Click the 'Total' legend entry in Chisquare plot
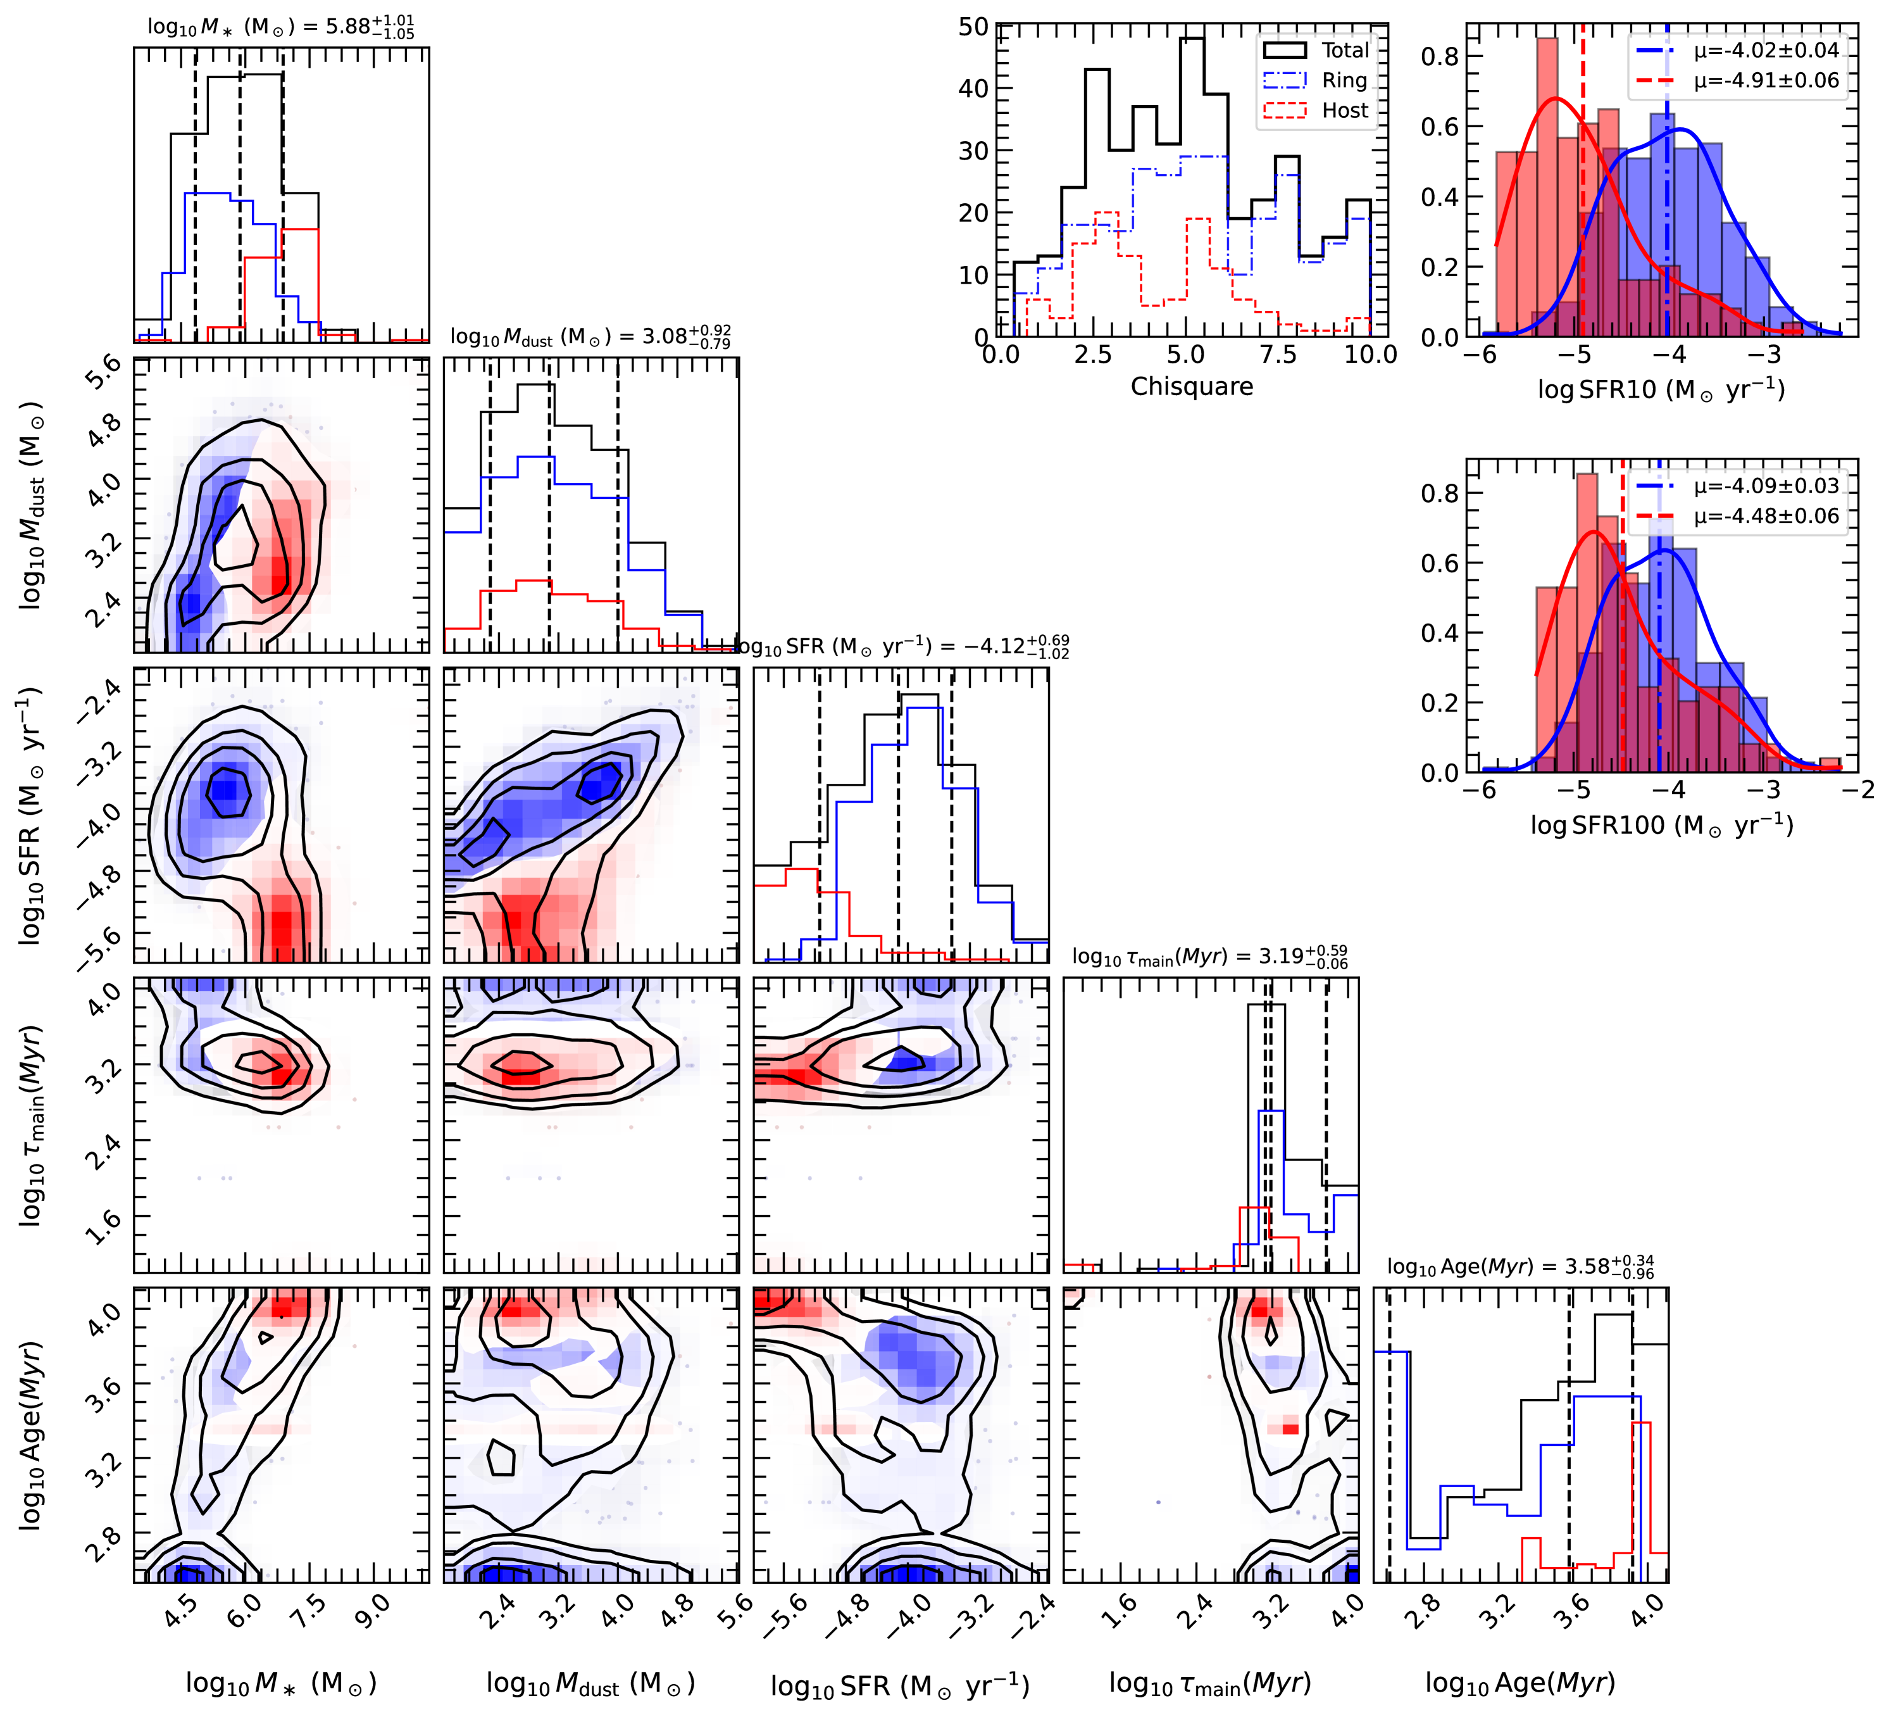tap(1345, 51)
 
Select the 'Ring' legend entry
tap(1344, 80)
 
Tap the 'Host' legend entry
tap(1345, 111)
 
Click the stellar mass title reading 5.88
tap(280, 26)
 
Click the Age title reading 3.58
tap(1521, 1267)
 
